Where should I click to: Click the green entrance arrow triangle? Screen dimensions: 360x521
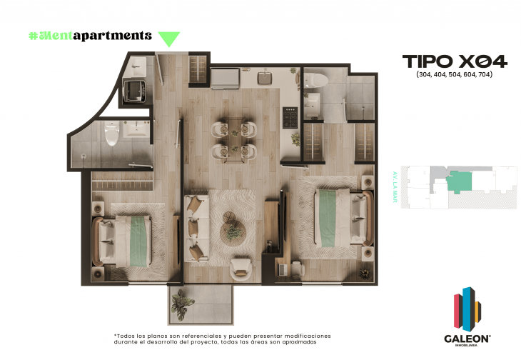[x=168, y=39]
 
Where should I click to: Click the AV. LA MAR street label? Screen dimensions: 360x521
[x=394, y=187]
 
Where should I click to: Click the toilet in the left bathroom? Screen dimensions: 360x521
[x=111, y=134]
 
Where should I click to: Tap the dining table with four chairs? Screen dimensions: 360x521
[x=233, y=140]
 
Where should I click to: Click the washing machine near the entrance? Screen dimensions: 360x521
[x=135, y=89]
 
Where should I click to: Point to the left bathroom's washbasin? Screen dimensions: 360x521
[x=137, y=130]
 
